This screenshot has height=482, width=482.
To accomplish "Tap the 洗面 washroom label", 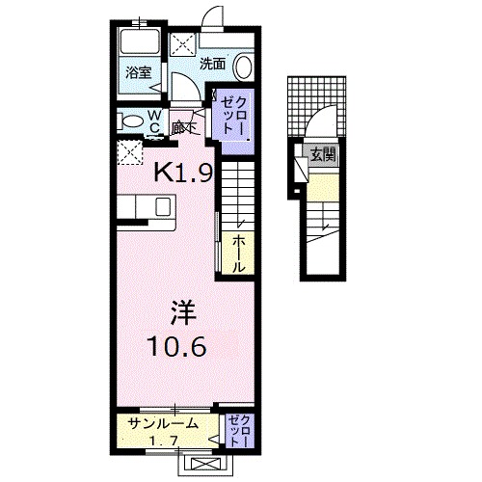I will [x=212, y=64].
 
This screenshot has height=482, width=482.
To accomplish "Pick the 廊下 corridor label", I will [x=183, y=124].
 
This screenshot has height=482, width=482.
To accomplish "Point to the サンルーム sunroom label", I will [x=161, y=422].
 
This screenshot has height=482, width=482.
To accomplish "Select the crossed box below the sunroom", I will [x=206, y=463].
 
